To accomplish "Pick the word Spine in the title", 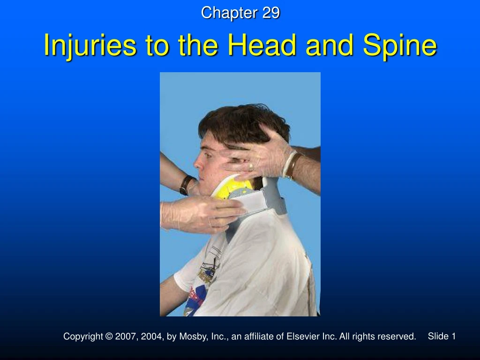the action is [400, 46].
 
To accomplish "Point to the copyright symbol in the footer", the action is [109, 337].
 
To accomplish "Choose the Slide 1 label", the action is [442, 336].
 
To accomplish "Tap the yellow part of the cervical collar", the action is [232, 186].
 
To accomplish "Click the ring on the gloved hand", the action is [251, 166].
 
